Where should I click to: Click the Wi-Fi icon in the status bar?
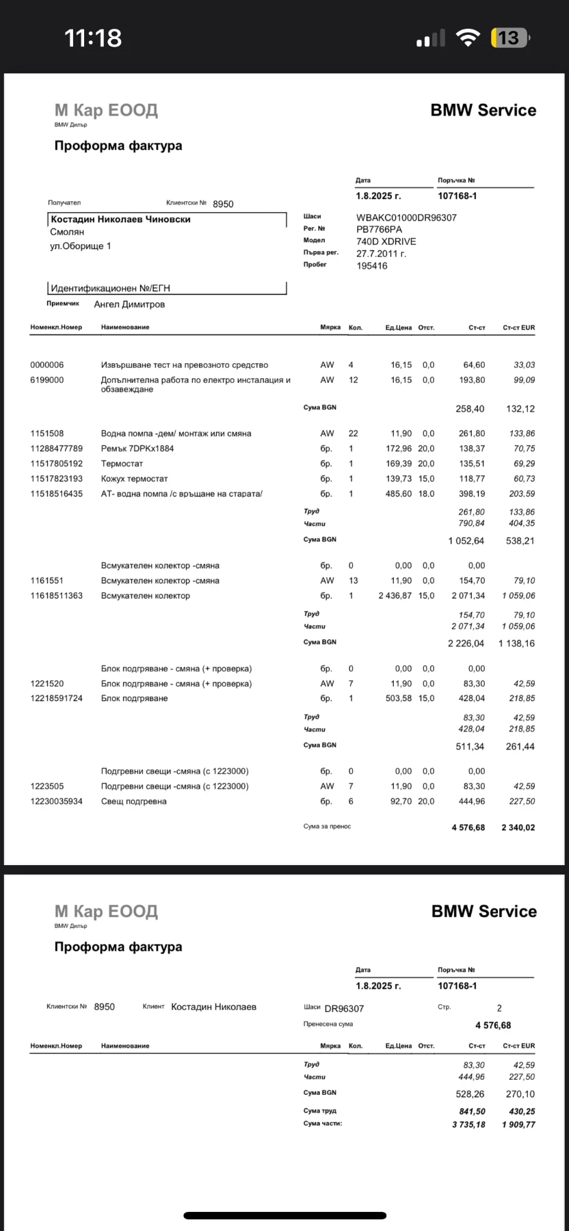(x=468, y=38)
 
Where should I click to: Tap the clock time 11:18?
(x=93, y=38)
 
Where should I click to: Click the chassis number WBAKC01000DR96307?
(x=406, y=217)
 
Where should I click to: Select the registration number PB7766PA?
(x=380, y=229)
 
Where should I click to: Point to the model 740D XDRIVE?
(x=386, y=241)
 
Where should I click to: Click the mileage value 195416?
(x=372, y=266)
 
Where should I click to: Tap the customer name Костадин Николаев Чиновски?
(x=120, y=220)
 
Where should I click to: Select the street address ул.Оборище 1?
(x=80, y=246)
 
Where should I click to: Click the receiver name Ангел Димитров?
(x=129, y=304)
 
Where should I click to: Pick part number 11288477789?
(x=57, y=449)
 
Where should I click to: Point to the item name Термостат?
(x=122, y=464)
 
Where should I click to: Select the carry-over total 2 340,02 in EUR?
(x=518, y=828)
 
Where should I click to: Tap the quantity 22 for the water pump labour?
(x=353, y=434)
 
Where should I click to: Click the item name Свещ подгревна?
(x=133, y=802)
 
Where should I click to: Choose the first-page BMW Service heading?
(x=483, y=110)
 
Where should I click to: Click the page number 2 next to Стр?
(x=499, y=1008)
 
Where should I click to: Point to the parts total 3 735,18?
(x=468, y=1124)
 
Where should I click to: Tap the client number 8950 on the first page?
(x=223, y=204)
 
